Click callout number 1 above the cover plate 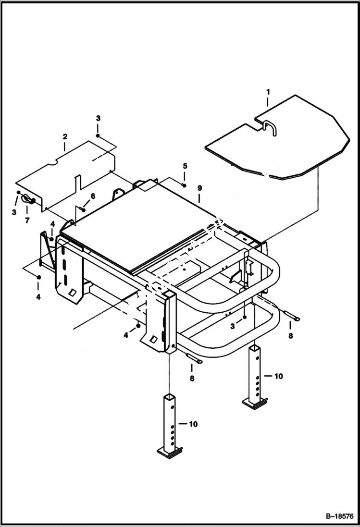click(x=268, y=91)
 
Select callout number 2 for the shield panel click(x=65, y=136)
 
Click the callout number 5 click(x=184, y=166)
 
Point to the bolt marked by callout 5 click(x=184, y=184)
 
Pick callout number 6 click(x=93, y=196)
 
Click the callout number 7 click(x=27, y=221)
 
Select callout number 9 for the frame click(x=199, y=187)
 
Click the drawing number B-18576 click(x=336, y=516)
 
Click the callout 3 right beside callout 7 click(x=14, y=212)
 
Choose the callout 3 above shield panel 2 click(x=98, y=118)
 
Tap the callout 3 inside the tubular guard click(x=233, y=326)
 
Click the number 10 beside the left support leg click(x=192, y=424)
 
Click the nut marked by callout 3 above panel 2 click(x=98, y=136)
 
